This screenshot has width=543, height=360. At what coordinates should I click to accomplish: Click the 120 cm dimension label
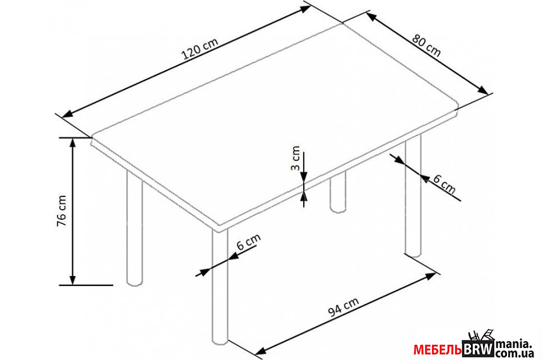(200, 49)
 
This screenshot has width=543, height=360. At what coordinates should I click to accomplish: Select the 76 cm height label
(62, 211)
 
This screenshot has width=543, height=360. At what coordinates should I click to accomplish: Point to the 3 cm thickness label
(294, 159)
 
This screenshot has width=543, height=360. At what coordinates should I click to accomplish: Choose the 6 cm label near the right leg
(445, 184)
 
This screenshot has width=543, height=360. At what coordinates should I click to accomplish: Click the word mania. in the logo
(513, 344)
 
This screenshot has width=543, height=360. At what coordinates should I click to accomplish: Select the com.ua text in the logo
(514, 353)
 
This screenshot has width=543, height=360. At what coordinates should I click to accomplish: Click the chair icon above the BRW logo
(480, 335)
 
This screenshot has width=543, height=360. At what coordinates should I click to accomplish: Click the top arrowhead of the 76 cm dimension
(73, 142)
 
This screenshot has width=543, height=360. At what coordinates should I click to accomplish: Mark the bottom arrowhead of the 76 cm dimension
(73, 280)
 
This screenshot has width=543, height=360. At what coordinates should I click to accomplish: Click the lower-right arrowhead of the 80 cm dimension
(483, 90)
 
